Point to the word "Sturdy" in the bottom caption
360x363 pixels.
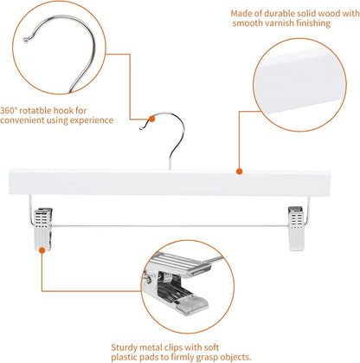click(x=128, y=332)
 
